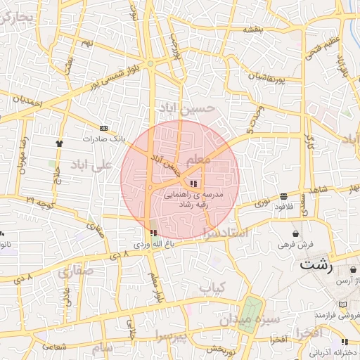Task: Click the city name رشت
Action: click(x=314, y=264)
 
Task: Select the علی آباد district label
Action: click(x=91, y=165)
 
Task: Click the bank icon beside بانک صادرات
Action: click(x=104, y=128)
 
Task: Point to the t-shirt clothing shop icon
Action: click(x=58, y=143)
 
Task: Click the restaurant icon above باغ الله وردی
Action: click(x=153, y=233)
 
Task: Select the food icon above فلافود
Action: click(x=283, y=196)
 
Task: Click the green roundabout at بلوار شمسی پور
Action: click(x=150, y=64)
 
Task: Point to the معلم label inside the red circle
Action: click(x=200, y=160)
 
